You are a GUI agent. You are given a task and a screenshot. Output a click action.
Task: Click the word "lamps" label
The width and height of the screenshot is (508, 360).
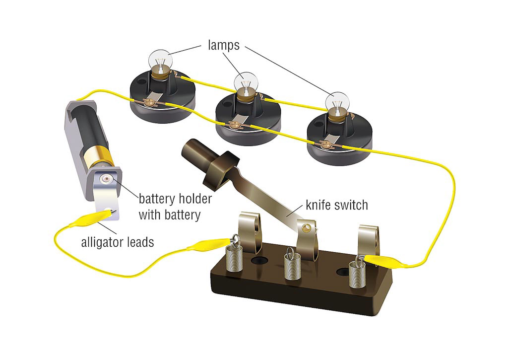pos(223,45)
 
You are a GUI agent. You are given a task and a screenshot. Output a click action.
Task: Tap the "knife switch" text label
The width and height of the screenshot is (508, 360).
pos(337,204)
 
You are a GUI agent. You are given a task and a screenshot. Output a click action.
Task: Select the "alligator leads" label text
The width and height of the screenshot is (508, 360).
pos(118,242)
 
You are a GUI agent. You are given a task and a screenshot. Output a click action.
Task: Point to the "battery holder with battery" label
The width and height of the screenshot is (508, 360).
pos(175,207)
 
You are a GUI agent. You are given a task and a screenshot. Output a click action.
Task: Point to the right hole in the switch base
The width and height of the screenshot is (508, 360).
pos(342,271)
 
